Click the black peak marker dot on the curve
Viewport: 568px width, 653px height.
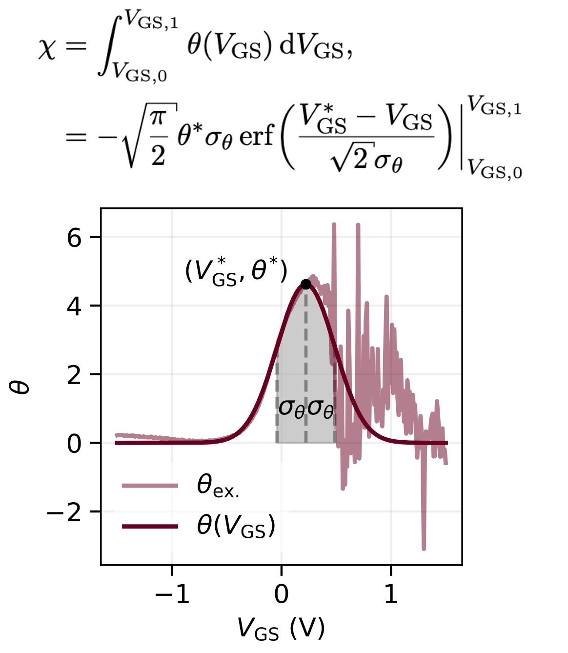(x=306, y=284)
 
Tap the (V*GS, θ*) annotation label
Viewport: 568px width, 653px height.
(x=236, y=272)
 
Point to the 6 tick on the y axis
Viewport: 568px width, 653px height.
(x=74, y=238)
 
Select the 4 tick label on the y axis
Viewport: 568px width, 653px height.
(x=74, y=306)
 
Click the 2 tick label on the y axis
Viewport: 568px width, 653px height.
(x=74, y=375)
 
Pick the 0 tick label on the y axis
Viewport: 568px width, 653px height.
(x=74, y=444)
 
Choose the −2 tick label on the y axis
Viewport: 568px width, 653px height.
(x=64, y=512)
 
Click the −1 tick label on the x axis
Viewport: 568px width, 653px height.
(x=172, y=594)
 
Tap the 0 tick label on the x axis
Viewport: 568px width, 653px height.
(x=282, y=594)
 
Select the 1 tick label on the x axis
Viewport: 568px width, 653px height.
(x=391, y=594)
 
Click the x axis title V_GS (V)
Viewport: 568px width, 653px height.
(x=281, y=629)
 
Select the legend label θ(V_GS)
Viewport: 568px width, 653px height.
(x=236, y=526)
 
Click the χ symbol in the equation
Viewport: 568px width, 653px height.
(x=47, y=50)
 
